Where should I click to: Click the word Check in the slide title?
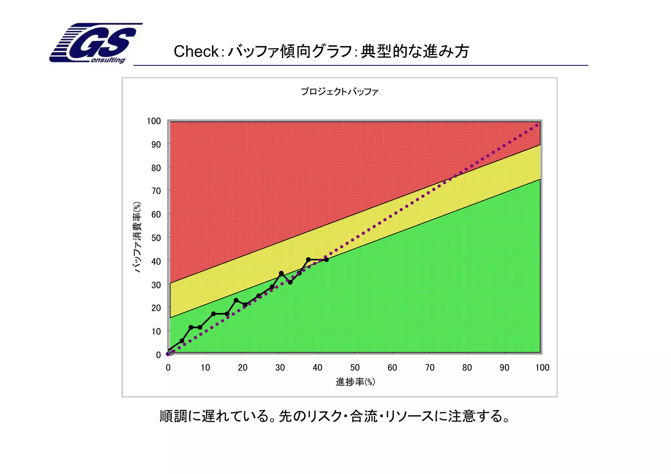point(196,51)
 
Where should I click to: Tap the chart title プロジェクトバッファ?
point(339,92)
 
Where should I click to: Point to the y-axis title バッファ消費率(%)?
point(137,237)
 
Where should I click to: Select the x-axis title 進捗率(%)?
point(355,382)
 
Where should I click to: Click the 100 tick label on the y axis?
point(154,121)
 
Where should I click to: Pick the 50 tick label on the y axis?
point(156,238)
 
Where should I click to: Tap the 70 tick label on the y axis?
point(156,191)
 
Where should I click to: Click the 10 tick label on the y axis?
point(156,332)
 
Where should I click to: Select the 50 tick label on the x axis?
point(355,368)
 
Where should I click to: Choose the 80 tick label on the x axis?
point(467,368)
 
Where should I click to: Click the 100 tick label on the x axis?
point(542,368)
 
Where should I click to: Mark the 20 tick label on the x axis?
point(242,368)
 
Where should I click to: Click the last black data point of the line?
point(326,260)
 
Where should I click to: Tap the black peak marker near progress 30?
point(281,273)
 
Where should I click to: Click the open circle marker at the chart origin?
point(171,352)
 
